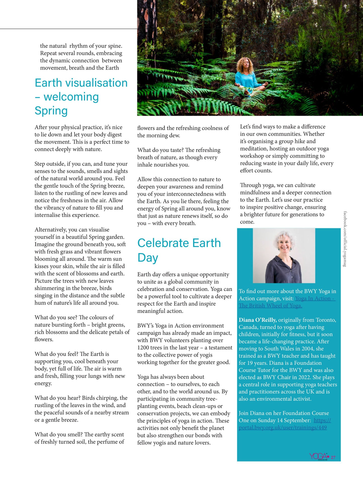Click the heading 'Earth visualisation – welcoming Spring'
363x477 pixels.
(x=81, y=97)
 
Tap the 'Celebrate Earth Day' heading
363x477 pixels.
(x=179, y=250)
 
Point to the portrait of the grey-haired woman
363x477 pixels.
(x=284, y=256)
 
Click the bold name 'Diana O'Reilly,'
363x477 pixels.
(x=257, y=320)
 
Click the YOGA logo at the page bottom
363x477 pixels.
(x=319, y=456)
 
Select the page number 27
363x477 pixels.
(x=333, y=457)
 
